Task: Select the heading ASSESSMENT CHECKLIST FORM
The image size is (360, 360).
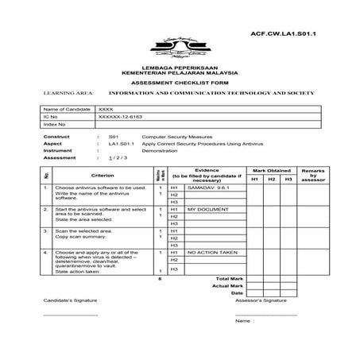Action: coord(180,82)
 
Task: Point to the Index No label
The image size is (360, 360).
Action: coord(55,125)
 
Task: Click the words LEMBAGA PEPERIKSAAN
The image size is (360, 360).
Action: coord(180,67)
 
